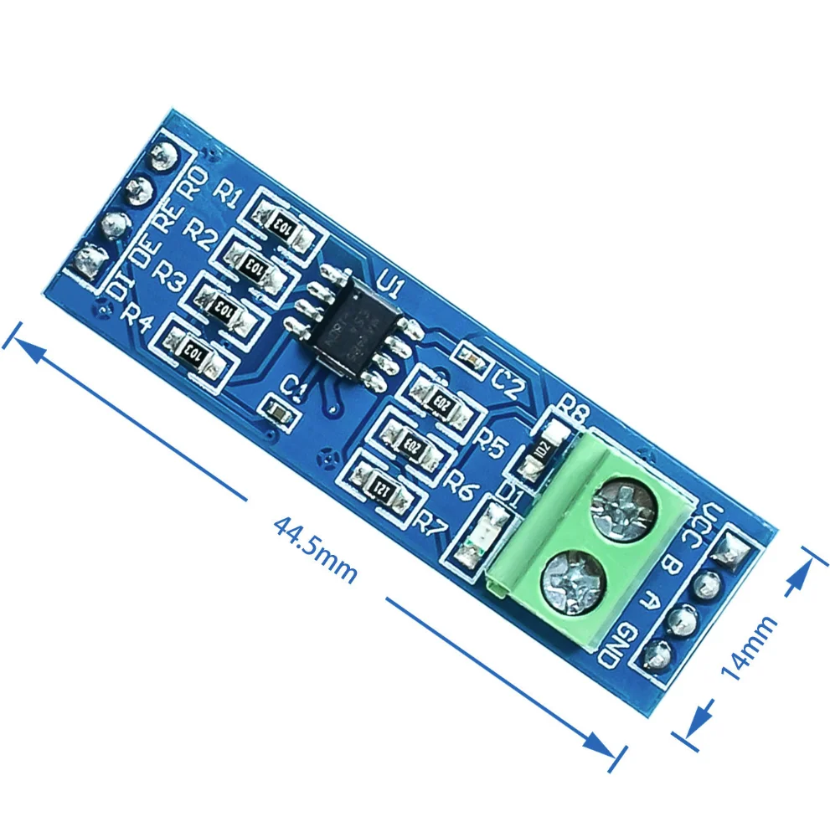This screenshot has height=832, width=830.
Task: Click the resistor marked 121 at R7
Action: [382, 483]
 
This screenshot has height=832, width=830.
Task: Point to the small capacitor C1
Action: [276, 410]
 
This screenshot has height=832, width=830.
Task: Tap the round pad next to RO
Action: [161, 155]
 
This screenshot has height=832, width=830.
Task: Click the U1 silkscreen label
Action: [390, 289]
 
